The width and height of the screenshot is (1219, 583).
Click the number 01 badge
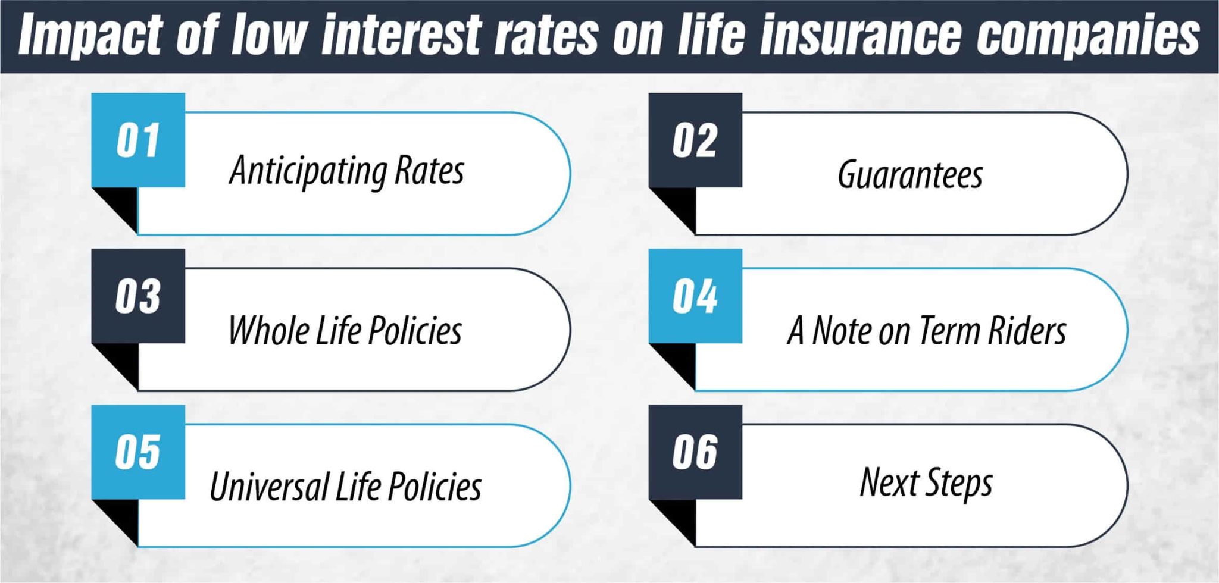[x=138, y=141]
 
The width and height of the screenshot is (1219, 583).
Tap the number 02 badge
[x=695, y=141]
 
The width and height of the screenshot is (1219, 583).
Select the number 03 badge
[x=138, y=296]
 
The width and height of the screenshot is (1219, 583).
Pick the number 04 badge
[x=695, y=296]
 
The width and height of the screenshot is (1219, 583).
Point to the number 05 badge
[x=138, y=452]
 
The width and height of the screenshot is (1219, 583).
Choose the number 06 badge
[x=695, y=452]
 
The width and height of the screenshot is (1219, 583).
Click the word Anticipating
[x=308, y=171]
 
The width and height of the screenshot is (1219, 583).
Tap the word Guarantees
[x=909, y=174]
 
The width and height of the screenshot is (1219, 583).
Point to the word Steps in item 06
[x=960, y=483]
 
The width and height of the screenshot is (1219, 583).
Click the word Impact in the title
[x=89, y=36]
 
